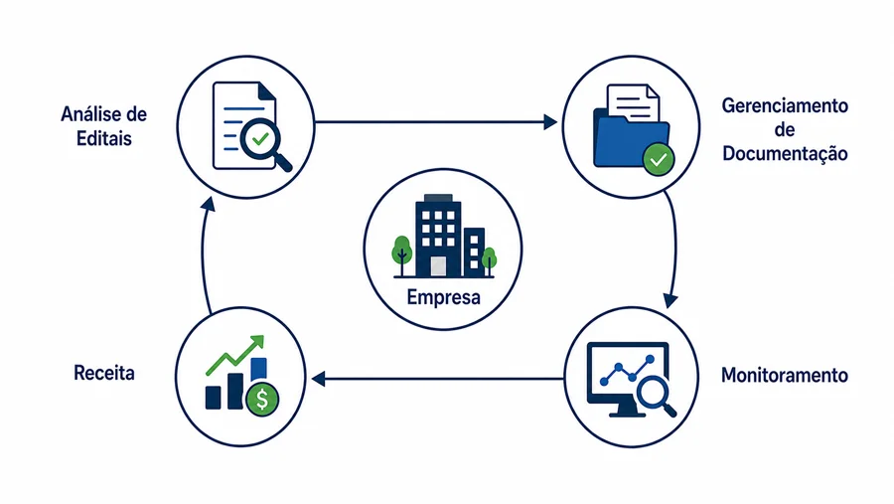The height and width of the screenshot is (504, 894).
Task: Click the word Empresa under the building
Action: (444, 297)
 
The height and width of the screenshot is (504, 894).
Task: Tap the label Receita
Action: (104, 374)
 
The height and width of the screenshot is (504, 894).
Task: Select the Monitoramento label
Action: (785, 376)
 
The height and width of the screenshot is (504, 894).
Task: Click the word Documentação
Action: (785, 153)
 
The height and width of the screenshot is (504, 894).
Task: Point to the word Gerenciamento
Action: (785, 105)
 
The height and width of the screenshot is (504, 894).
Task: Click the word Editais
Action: (104, 139)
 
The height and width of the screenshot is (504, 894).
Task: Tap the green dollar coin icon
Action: (262, 399)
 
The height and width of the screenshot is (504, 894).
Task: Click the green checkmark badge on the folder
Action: (659, 160)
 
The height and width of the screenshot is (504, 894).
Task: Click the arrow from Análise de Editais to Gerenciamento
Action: (436, 121)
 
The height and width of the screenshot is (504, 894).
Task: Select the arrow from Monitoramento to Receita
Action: (438, 379)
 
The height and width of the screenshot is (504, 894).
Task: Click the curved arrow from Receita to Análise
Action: (203, 254)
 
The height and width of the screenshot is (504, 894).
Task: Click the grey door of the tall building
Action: (438, 266)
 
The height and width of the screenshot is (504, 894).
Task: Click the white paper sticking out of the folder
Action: (634, 102)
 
